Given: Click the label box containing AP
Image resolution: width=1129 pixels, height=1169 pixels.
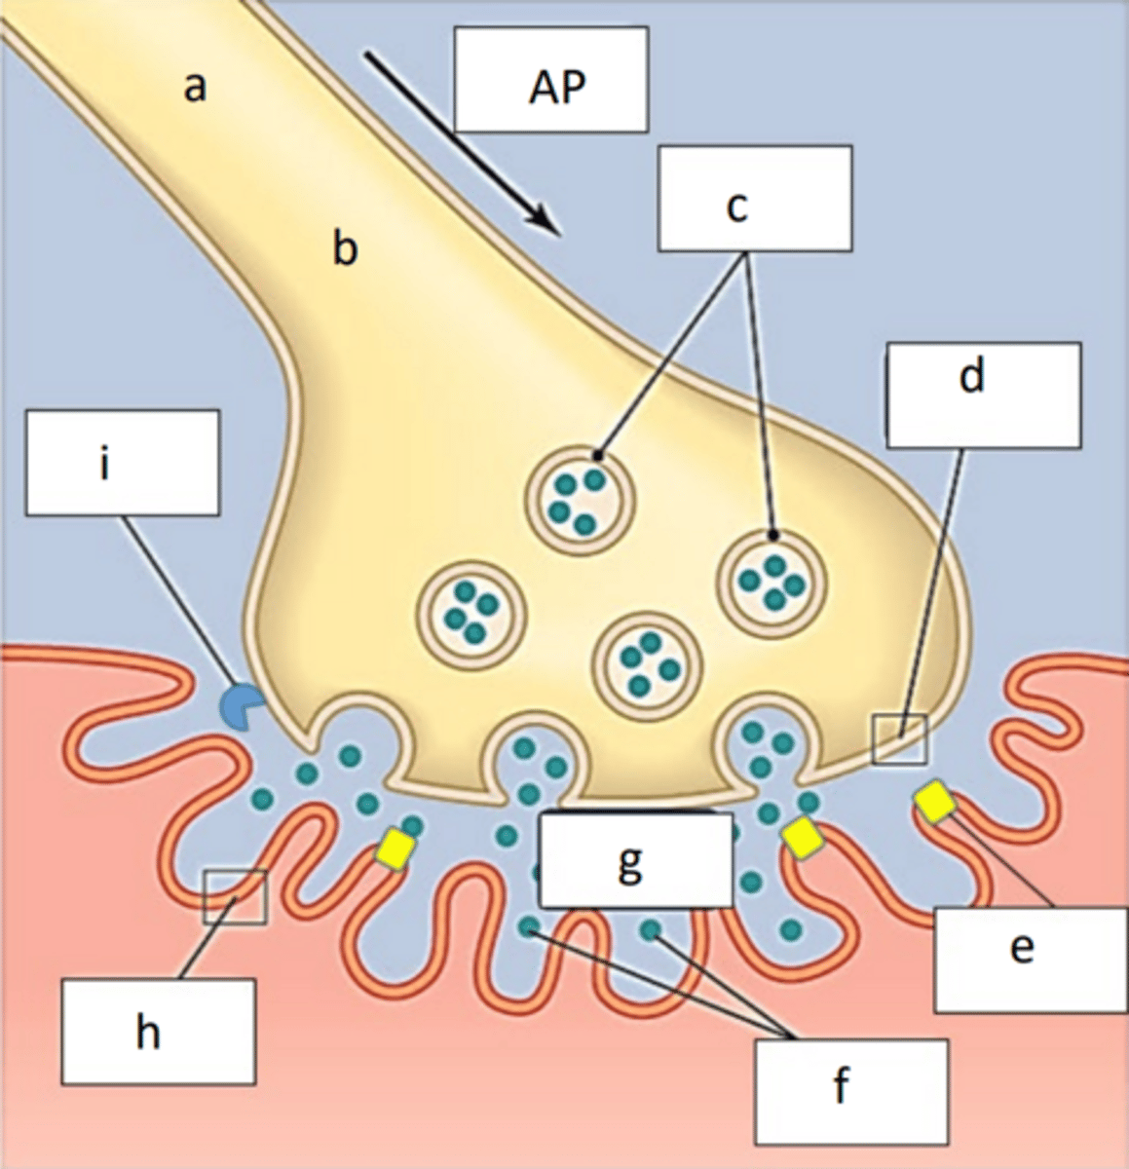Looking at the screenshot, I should (551, 79).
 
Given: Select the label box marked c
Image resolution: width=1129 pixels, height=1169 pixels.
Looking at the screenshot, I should (755, 198).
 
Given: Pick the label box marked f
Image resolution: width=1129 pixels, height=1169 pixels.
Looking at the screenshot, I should (850, 1090).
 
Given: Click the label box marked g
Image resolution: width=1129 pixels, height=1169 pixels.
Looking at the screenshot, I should (634, 859).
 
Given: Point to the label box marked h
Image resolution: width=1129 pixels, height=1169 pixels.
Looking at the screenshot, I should (159, 1032).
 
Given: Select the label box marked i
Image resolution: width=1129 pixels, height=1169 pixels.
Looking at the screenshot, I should (122, 462).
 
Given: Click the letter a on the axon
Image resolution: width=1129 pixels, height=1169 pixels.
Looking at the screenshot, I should (196, 88).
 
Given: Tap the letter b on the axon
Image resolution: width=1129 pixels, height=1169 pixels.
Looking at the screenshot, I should (345, 248).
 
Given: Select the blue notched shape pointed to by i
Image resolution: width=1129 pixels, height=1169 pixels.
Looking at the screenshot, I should (238, 704).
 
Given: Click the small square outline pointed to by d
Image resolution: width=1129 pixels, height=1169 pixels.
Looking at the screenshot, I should (900, 738).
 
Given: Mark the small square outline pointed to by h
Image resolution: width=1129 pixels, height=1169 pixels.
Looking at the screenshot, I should (235, 896).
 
